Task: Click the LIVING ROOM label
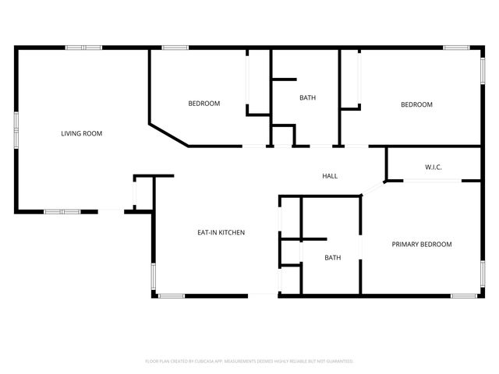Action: coord(82,133)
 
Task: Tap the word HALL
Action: coord(330,176)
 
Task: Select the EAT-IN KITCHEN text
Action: coord(221,232)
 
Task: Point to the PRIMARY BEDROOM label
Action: coord(421,245)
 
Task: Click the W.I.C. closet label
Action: coord(434,167)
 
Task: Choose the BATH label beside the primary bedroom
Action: coord(333,258)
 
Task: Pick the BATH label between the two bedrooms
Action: coord(307,97)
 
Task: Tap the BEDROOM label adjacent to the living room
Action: coord(204,104)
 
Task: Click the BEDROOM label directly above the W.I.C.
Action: coord(416,104)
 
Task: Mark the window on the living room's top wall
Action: coord(83,48)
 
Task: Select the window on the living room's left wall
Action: coord(16,129)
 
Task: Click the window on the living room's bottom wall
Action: coord(62,211)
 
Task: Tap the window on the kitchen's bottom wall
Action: coord(171,295)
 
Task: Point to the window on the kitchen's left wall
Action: coord(154,277)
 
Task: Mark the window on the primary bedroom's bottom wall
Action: coord(465,295)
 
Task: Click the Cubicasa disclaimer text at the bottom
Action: coord(249,361)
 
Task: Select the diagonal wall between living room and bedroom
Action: coord(168,133)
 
